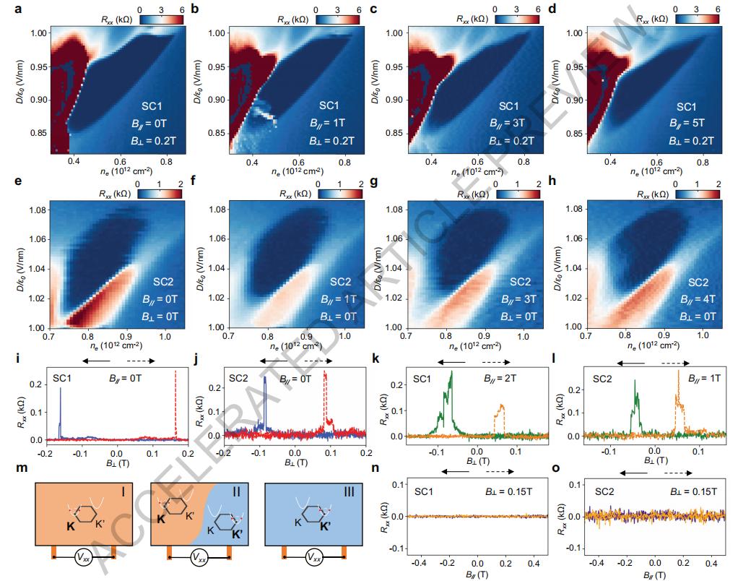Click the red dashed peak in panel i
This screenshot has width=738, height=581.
click(x=175, y=373)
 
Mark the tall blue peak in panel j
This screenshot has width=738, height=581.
click(x=265, y=379)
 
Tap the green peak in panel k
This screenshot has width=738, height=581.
click(x=451, y=374)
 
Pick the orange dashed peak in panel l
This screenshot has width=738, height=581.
click(x=678, y=374)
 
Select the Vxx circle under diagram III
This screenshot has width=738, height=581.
click(x=313, y=556)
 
